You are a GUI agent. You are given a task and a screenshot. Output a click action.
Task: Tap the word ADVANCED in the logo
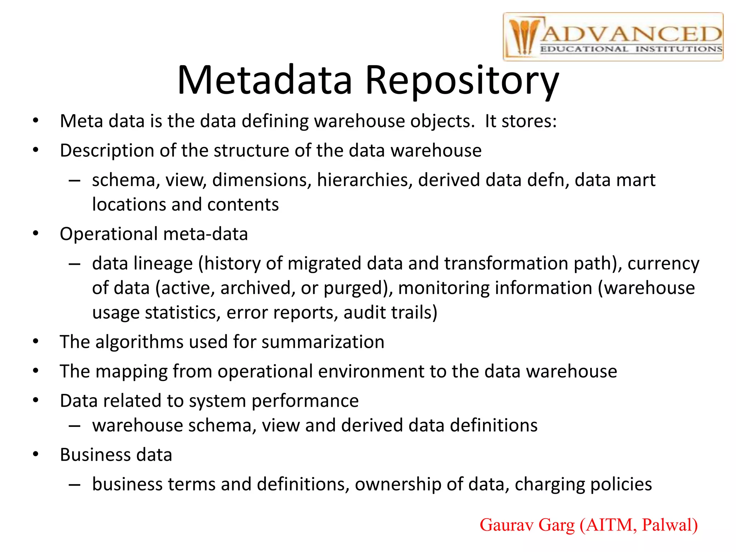631,34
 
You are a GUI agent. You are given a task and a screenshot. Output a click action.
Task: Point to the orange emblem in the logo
523,36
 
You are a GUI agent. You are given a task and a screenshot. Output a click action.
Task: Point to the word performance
305,401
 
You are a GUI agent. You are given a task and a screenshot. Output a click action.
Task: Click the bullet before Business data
35,455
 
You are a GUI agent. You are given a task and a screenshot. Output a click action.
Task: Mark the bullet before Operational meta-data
35,234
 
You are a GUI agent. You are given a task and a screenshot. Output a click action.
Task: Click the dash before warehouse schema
74,426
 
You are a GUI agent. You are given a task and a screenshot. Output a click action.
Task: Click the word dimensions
262,180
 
